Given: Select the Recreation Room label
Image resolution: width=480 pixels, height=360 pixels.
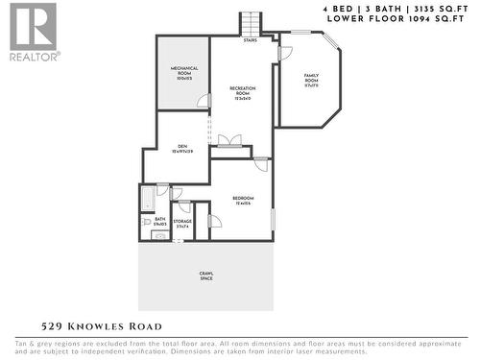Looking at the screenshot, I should tap(241, 93).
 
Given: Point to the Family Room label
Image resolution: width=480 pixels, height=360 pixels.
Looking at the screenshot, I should tap(312, 80).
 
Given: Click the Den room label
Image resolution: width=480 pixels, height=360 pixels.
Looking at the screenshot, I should tap(182, 148).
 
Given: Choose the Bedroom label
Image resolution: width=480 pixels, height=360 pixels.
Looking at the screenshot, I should tap(242, 201).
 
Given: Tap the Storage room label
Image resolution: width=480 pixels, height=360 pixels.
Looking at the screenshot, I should tap(182, 224).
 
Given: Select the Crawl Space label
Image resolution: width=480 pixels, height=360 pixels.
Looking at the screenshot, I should tap(206, 276).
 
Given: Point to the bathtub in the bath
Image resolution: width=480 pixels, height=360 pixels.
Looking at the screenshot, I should tap(147, 200).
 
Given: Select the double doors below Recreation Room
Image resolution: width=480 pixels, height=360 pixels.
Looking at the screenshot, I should tap(229, 141).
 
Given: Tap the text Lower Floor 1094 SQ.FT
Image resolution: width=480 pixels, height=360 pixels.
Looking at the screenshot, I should tap(396, 18).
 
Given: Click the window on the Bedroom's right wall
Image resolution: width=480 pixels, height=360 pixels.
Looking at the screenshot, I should tap(273, 219).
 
